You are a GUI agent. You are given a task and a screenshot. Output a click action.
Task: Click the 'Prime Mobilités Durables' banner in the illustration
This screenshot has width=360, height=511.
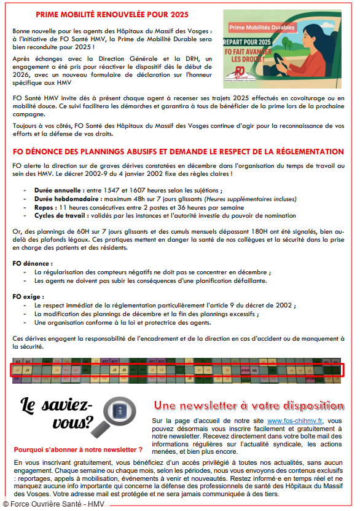pos(262,28)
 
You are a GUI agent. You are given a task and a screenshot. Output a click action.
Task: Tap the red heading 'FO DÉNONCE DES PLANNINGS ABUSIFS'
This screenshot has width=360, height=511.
pos(178,151)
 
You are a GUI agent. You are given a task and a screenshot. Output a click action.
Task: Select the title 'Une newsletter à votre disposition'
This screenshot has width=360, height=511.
pos(249,405)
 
